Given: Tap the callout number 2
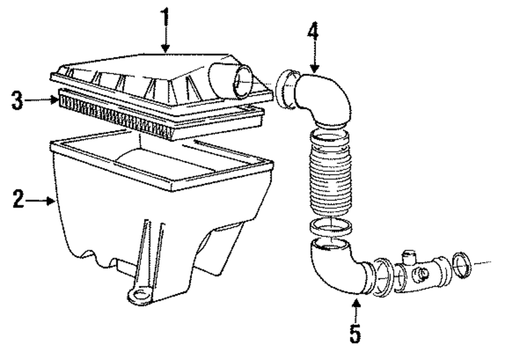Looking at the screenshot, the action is pos(19,201).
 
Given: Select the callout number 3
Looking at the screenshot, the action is pos(19,100).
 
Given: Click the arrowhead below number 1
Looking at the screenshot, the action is pos(165,49).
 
